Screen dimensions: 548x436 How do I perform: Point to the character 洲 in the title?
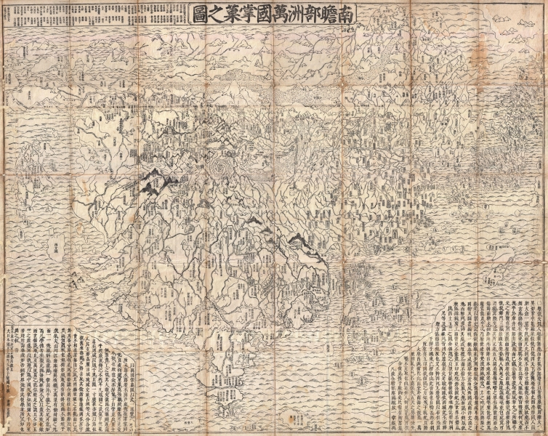pos(283,14)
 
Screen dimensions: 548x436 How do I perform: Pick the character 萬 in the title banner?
pos(263,14)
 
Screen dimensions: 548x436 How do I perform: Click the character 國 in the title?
pos(243,14)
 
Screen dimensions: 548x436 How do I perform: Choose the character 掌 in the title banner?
pos(224,14)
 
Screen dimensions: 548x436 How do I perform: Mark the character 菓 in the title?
pos(204,14)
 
